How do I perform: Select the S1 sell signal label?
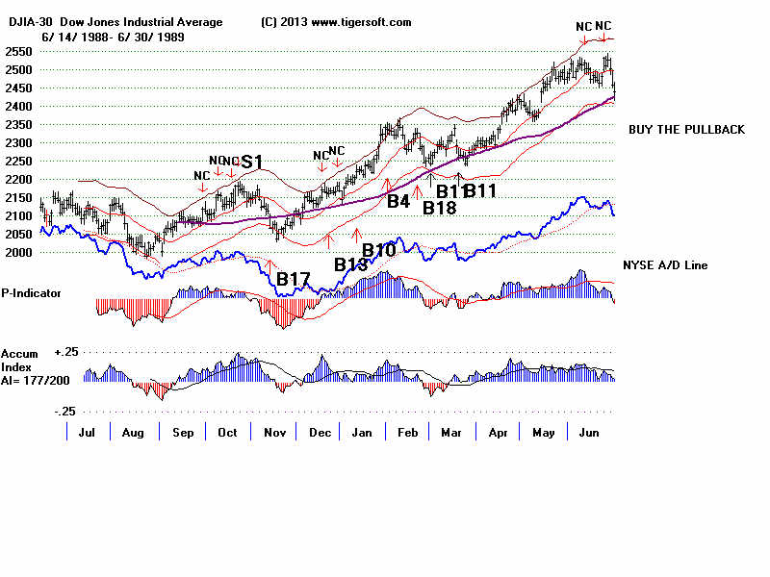252,162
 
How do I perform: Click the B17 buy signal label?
293,280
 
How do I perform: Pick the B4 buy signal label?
398,201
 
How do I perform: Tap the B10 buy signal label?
378,251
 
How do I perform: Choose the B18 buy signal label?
440,208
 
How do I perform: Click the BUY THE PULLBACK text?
686,130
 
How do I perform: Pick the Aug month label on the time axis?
133,434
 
